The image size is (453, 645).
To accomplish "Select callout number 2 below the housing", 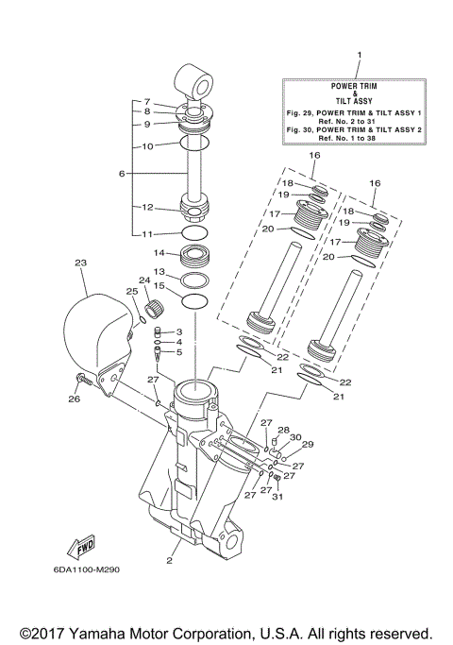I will click(169, 560).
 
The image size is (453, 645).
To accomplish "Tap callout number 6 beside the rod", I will click(122, 174).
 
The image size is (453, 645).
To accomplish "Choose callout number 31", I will click(277, 498).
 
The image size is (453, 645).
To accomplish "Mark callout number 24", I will click(144, 280).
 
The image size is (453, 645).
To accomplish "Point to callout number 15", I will click(159, 286).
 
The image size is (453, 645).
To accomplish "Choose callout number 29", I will click(307, 444).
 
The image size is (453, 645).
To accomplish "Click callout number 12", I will click(147, 207).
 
